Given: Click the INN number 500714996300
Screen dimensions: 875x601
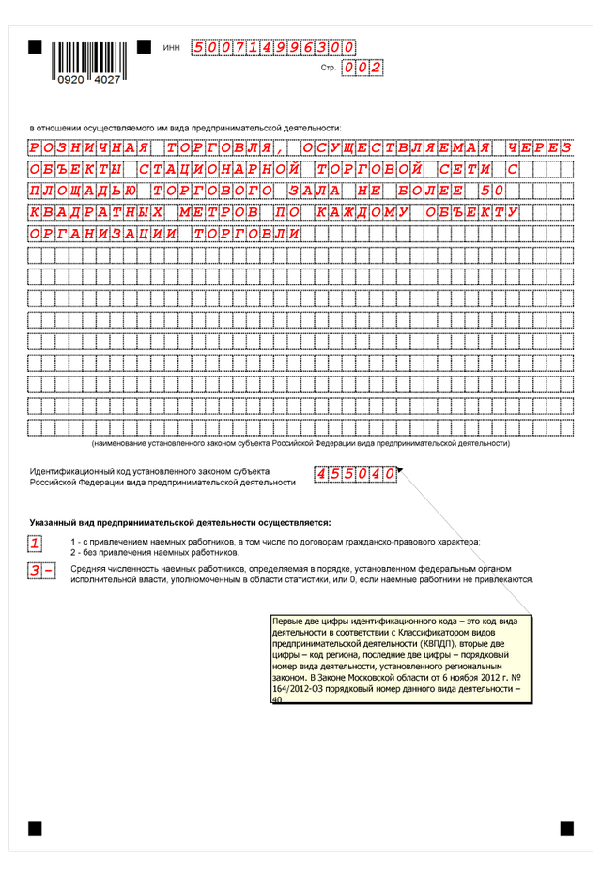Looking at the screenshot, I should tap(273, 47).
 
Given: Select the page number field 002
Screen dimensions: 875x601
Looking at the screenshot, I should tap(362, 68).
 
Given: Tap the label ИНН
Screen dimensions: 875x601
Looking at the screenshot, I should tap(171, 47).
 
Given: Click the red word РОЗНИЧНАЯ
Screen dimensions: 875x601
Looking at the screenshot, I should tap(88, 147).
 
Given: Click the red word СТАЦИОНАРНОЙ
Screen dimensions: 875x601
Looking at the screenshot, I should tap(218, 169).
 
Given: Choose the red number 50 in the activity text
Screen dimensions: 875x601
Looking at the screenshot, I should tap(495, 191).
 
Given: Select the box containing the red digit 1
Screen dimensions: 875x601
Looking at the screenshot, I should tap(35, 544).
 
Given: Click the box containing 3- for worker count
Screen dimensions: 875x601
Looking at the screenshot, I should tap(41, 571).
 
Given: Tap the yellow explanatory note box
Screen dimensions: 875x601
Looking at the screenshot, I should tap(401, 658).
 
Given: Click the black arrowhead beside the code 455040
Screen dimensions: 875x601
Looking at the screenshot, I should tap(399, 468).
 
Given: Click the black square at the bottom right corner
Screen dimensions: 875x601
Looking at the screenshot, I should tap(566, 828).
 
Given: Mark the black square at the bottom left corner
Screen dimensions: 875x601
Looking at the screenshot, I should tap(35, 828).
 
